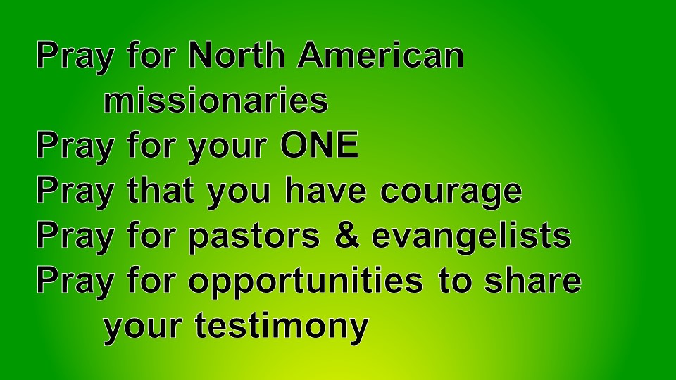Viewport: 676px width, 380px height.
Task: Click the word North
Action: [237, 55]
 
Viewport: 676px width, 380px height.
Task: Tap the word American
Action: [381, 55]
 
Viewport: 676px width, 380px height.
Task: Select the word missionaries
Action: [216, 100]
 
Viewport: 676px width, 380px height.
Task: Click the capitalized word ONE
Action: [320, 145]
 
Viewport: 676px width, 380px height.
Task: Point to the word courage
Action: [451, 193]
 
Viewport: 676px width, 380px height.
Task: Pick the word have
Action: [326, 190]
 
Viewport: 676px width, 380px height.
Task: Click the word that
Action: [160, 190]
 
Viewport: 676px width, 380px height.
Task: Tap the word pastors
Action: [254, 237]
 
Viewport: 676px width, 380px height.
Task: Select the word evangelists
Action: [471, 237]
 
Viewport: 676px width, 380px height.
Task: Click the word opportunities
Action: [306, 282]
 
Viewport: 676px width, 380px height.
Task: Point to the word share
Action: [533, 281]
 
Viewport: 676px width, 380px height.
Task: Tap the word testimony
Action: [282, 327]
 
